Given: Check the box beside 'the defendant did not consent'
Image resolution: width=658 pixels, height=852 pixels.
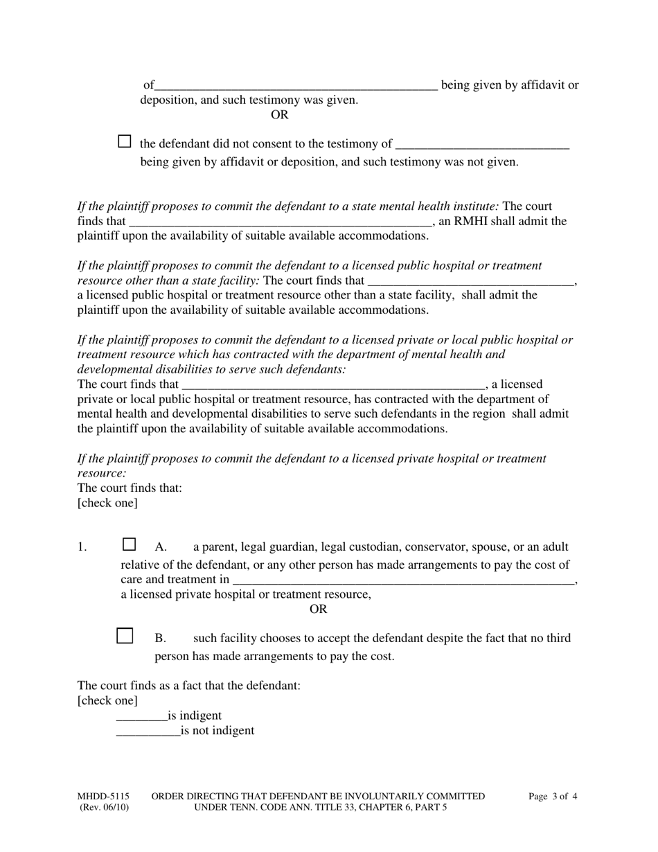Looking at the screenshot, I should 125,141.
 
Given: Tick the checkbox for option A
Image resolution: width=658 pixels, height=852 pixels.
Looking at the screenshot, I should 129,544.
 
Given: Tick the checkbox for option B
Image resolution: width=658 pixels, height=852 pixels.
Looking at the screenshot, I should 125,636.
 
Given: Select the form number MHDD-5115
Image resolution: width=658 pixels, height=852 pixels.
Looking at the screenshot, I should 103,797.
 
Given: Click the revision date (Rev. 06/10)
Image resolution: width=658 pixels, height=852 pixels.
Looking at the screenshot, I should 104,807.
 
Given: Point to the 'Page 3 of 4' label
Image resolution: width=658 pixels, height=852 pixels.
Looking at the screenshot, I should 553,797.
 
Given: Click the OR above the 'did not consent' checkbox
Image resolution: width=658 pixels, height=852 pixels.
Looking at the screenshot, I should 280,115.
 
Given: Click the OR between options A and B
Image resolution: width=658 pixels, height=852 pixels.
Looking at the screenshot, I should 318,610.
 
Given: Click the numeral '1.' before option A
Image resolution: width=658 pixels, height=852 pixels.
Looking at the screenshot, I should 82,547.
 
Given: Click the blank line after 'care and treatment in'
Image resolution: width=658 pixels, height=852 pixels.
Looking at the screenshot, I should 404,580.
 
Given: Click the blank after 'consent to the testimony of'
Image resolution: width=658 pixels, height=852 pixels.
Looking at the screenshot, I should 482,145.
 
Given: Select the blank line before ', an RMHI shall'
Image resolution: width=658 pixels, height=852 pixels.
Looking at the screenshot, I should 281,223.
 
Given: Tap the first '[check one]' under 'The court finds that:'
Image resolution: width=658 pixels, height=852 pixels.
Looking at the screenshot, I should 107,503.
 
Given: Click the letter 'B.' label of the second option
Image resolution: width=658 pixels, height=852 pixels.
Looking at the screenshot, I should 161,638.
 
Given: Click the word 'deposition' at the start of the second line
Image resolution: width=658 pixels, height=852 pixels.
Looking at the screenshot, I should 168,100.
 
